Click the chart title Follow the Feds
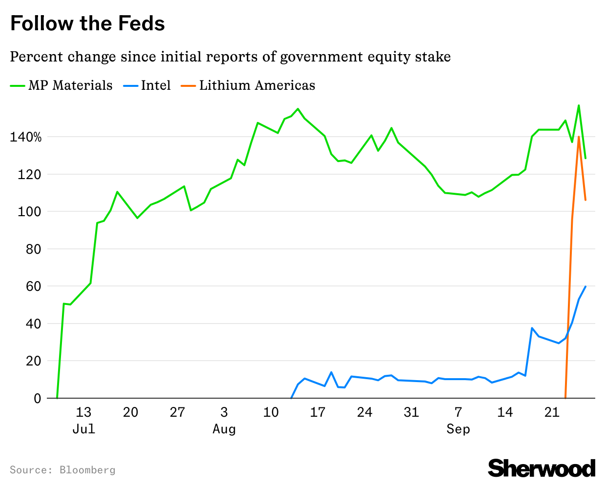coord(87,23)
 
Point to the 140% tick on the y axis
coord(26,137)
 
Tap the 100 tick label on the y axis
coord(30,212)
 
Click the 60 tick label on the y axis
coord(34,286)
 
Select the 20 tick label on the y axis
coord(34,361)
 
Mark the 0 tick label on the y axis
coord(38,398)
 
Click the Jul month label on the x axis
coord(83,429)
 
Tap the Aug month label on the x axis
coord(224,429)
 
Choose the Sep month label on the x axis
coord(458,429)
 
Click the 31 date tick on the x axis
coord(411,412)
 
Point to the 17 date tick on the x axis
coord(318,412)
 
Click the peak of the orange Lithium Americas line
coord(579,137)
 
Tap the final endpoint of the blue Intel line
coord(585,286)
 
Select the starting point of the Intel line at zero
coord(291,398)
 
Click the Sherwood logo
coord(542,468)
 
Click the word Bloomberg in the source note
coord(87,470)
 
